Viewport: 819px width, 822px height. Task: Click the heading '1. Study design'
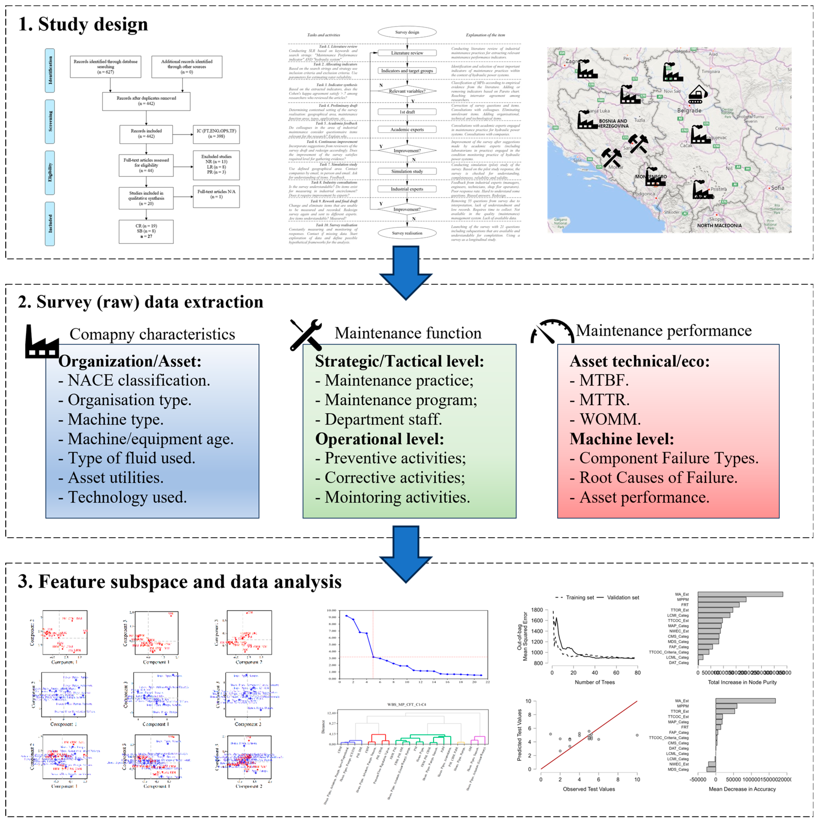click(83, 24)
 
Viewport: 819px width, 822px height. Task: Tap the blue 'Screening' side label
click(50, 121)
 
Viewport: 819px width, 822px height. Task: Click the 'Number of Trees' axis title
click(595, 682)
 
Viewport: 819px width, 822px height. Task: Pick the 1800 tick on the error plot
click(537, 610)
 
